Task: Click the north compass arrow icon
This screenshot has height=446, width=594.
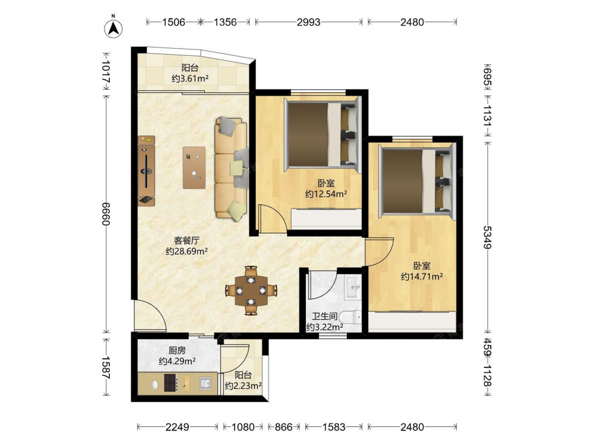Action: pyautogui.click(x=113, y=27)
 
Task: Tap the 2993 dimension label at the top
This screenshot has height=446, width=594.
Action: pyautogui.click(x=308, y=22)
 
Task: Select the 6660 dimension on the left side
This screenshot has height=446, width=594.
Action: pyautogui.click(x=106, y=214)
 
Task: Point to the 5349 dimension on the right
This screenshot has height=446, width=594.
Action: pyautogui.click(x=487, y=237)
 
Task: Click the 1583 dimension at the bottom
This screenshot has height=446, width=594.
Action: pyautogui.click(x=333, y=427)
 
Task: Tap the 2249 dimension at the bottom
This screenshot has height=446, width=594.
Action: pyautogui.click(x=177, y=427)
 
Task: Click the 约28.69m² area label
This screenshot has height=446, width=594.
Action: pyautogui.click(x=187, y=251)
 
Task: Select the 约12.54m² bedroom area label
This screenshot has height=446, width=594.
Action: pyautogui.click(x=327, y=194)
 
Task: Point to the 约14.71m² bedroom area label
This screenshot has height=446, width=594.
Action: pyautogui.click(x=422, y=277)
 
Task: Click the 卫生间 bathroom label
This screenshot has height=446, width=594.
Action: pyautogui.click(x=325, y=316)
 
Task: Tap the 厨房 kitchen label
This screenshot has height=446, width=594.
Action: pyautogui.click(x=177, y=350)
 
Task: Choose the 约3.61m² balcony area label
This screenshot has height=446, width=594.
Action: pyautogui.click(x=190, y=78)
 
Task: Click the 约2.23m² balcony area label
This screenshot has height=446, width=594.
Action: pyautogui.click(x=243, y=386)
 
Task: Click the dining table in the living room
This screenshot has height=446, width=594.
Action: pyautogui.click(x=251, y=291)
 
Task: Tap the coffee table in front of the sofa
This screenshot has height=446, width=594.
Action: pyautogui.click(x=194, y=168)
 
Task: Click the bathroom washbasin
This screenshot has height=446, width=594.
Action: pyautogui.click(x=353, y=287)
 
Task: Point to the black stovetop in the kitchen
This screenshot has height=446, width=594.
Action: pyautogui.click(x=170, y=382)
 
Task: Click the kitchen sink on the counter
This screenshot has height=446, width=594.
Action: pyautogui.click(x=205, y=383)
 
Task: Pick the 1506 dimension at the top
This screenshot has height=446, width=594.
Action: pyautogui.click(x=173, y=22)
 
